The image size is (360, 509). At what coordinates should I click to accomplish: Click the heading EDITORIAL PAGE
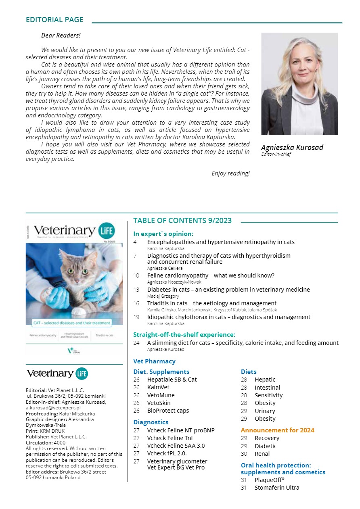(x=54, y=20)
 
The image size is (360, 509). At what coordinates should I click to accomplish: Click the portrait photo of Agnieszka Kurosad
(x=299, y=84)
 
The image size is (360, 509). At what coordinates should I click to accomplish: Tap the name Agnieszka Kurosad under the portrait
(x=292, y=147)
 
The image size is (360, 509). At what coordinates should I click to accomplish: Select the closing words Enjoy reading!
(x=230, y=173)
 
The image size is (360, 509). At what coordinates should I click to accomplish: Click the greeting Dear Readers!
(x=61, y=35)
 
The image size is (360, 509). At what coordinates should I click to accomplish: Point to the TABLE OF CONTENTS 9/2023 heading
(x=182, y=220)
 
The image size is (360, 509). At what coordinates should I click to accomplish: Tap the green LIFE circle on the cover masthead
(x=107, y=231)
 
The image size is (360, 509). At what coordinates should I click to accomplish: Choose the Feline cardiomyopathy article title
(x=211, y=275)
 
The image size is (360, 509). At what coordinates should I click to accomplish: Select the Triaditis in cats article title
(x=212, y=303)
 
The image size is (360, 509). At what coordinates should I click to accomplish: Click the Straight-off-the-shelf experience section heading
(x=184, y=334)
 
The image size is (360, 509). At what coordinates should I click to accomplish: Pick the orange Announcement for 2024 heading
(x=278, y=430)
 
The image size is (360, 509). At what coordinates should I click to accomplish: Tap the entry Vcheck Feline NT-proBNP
(x=181, y=430)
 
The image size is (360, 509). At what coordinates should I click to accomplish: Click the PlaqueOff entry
(x=269, y=480)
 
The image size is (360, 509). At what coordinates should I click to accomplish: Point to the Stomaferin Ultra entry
(x=277, y=488)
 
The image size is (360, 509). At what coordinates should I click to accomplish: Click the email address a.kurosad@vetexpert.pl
(x=53, y=408)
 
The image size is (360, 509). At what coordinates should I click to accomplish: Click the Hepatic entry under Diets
(x=265, y=380)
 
